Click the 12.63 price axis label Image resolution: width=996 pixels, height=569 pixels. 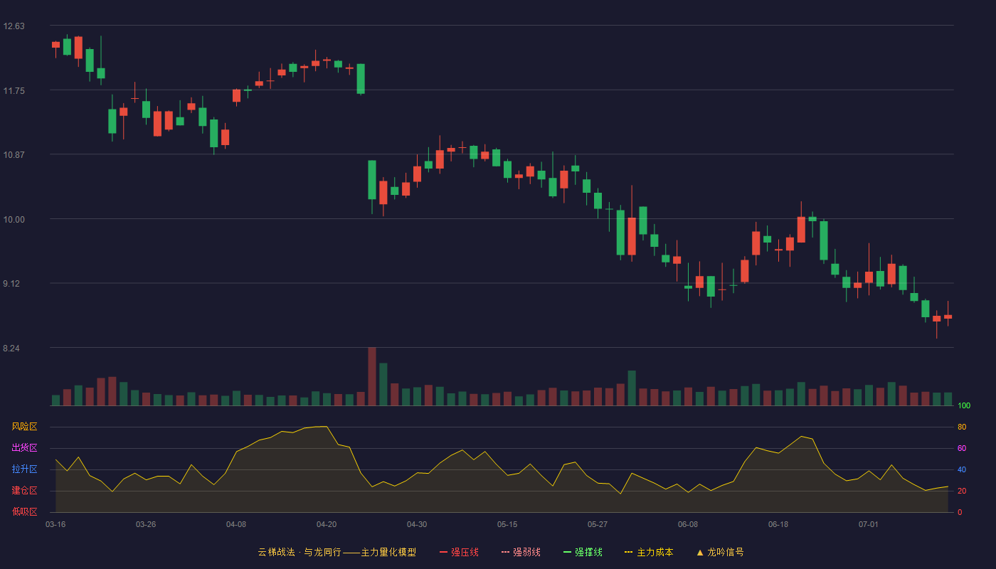tap(14, 26)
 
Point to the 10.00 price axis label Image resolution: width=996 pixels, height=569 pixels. tap(14, 220)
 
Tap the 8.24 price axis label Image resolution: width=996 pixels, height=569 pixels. tap(11, 349)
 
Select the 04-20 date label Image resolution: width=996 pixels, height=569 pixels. tap(327, 525)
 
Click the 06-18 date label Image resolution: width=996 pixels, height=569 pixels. tap(778, 525)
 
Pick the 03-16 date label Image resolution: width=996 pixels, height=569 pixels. tap(55, 525)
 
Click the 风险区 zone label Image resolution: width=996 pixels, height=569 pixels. tap(24, 427)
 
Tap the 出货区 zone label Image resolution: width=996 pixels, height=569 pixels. tap(24, 447)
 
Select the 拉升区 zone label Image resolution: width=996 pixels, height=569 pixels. tap(24, 469)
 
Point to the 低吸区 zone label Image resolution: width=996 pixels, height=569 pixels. tap(24, 511)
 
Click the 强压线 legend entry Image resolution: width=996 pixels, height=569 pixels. tap(459, 552)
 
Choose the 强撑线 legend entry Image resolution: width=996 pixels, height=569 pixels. tap(583, 552)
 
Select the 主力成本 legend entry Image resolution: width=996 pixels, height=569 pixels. tap(649, 552)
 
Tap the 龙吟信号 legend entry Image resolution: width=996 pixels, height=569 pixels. tap(720, 552)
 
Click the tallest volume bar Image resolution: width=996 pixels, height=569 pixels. tap(372, 376)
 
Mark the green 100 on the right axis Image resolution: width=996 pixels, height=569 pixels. tap(964, 405)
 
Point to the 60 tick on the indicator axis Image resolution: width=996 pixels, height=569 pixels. tap(962, 448)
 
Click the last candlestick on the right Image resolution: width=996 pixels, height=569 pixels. tap(948, 317)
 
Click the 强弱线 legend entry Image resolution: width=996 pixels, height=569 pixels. tap(521, 552)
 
